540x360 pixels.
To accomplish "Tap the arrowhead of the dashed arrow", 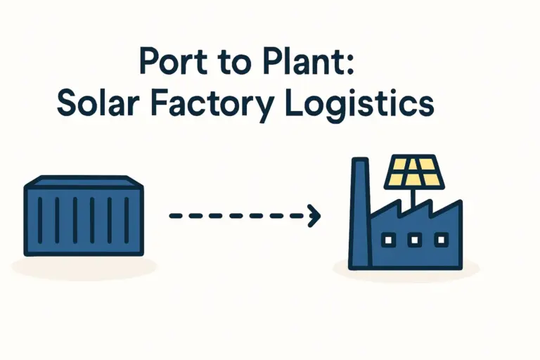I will pos(314,217).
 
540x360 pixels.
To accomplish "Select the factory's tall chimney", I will pos(359,211).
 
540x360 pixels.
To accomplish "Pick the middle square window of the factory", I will pos(413,240).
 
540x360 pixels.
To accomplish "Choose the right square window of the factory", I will pos(440,240).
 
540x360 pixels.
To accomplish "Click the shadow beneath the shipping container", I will pos(84,266).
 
